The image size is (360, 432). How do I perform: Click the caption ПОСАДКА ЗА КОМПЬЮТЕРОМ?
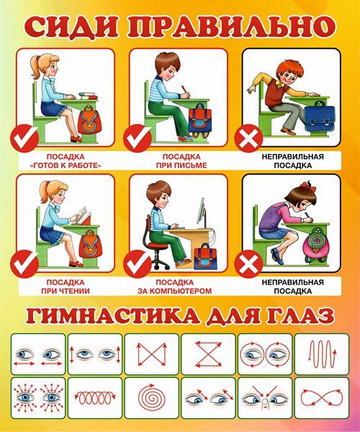175,287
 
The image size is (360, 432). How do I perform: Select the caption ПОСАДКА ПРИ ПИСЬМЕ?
181,161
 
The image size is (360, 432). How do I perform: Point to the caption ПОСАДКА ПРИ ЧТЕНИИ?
66,287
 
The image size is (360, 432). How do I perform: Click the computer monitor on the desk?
202,213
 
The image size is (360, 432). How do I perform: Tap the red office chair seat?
157,246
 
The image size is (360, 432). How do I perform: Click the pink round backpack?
316,245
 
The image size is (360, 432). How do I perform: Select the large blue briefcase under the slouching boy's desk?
320,117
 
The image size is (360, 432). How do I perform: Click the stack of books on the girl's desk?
89,96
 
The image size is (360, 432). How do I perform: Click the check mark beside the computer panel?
138,264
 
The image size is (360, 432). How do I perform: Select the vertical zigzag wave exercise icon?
323,354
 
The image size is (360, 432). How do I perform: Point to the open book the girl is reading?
83,214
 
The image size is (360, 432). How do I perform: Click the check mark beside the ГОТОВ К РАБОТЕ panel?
24,138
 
